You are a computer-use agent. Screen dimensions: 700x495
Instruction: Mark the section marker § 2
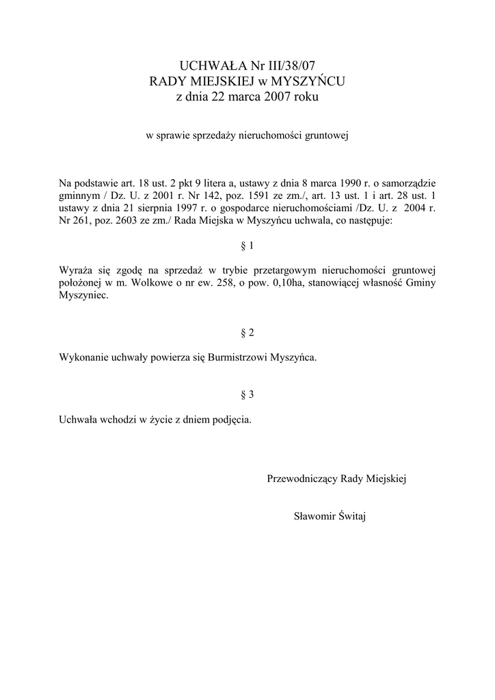coord(247,333)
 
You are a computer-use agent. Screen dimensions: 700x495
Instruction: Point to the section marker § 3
coord(247,394)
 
